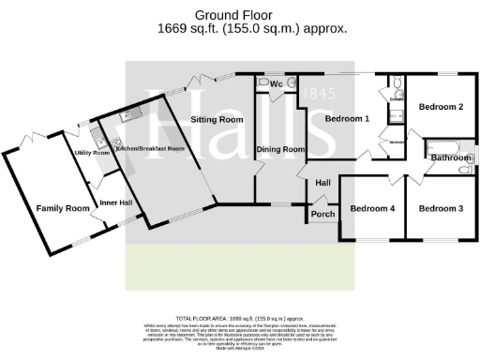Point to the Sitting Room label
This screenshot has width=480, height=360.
point(217,120)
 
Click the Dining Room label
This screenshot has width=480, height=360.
point(282,149)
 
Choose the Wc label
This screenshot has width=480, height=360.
point(276,84)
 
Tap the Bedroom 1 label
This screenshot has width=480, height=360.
point(347,118)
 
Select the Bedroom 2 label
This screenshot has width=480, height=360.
point(441,107)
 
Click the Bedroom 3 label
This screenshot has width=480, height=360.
point(441,207)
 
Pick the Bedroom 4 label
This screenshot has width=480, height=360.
point(372,207)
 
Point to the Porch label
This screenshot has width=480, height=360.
point(322,215)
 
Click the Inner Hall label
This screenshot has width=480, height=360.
point(114,202)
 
